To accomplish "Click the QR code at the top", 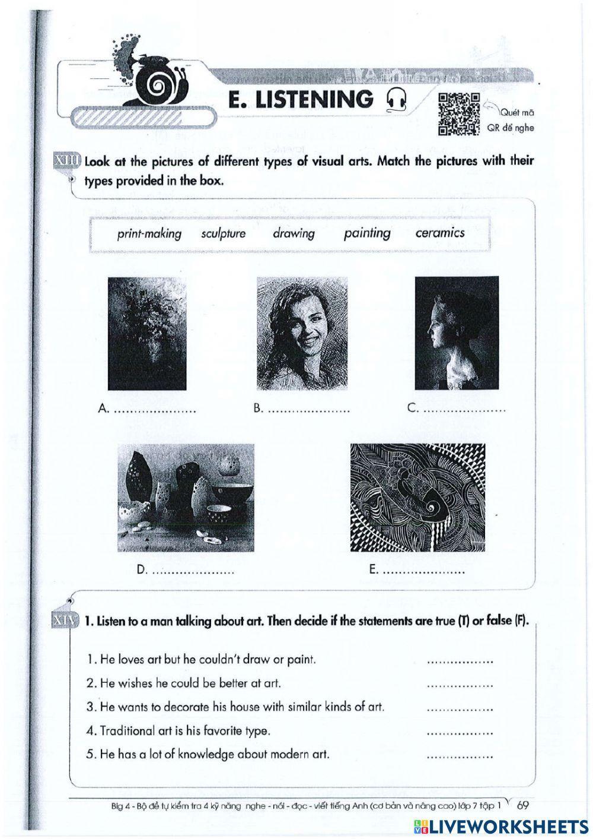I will coord(458,114).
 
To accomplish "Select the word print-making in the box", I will coord(149,233).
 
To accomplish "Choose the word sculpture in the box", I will coord(223,233).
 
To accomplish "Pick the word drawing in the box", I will coord(294,233).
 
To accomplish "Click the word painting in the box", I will coord(367,233).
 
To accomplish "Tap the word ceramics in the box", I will coord(439,233).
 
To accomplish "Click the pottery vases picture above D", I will coord(186,496).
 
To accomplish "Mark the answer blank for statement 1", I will coord(460,660).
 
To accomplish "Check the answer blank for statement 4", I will coord(460,732).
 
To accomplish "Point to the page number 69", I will coord(522,806).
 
